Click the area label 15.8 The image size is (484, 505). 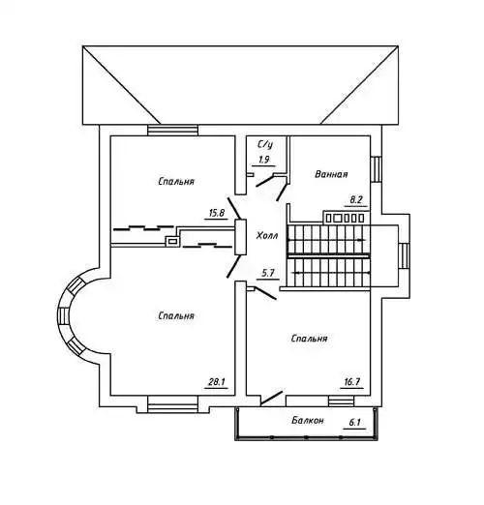tap(217, 213)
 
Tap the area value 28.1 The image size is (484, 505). tap(217, 382)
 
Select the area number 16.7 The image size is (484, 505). tap(351, 382)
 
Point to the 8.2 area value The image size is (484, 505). tap(355, 199)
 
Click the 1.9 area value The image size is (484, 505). tap(263, 160)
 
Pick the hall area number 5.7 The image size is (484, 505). tap(268, 274)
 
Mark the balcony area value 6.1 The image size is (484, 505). tap(354, 422)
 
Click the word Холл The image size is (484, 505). tap(267, 236)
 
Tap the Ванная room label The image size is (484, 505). tap(331, 174)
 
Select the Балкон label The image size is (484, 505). tap(307, 420)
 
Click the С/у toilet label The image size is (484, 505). tap(265, 144)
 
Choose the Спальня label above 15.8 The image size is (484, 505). tap(176, 181)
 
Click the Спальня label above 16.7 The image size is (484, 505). tap(309, 339)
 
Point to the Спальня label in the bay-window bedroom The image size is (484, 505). tap(176, 315)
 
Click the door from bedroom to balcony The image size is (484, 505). tap(272, 398)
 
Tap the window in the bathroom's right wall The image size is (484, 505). tap(376, 169)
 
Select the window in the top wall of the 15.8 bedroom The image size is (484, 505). tap(172, 131)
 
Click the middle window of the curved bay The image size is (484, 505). tap(63, 315)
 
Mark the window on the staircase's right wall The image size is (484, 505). tap(404, 256)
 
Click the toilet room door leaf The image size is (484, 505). tap(264, 181)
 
